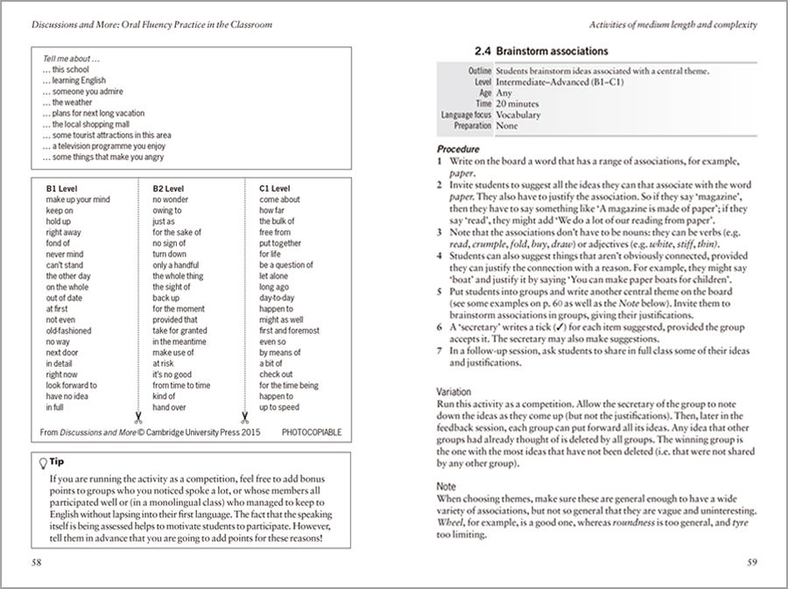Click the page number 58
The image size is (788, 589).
pyautogui.click(x=37, y=561)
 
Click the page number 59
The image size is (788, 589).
pyautogui.click(x=751, y=561)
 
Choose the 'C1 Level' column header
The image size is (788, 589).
pyautogui.click(x=275, y=188)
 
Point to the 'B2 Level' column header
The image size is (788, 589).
pyautogui.click(x=168, y=188)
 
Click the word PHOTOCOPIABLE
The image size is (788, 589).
pyautogui.click(x=311, y=432)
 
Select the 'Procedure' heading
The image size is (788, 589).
pyautogui.click(x=458, y=150)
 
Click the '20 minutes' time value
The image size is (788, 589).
pyautogui.click(x=519, y=103)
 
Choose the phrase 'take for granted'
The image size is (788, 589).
pyautogui.click(x=179, y=332)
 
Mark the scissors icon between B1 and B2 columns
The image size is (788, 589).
pyautogui.click(x=137, y=418)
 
